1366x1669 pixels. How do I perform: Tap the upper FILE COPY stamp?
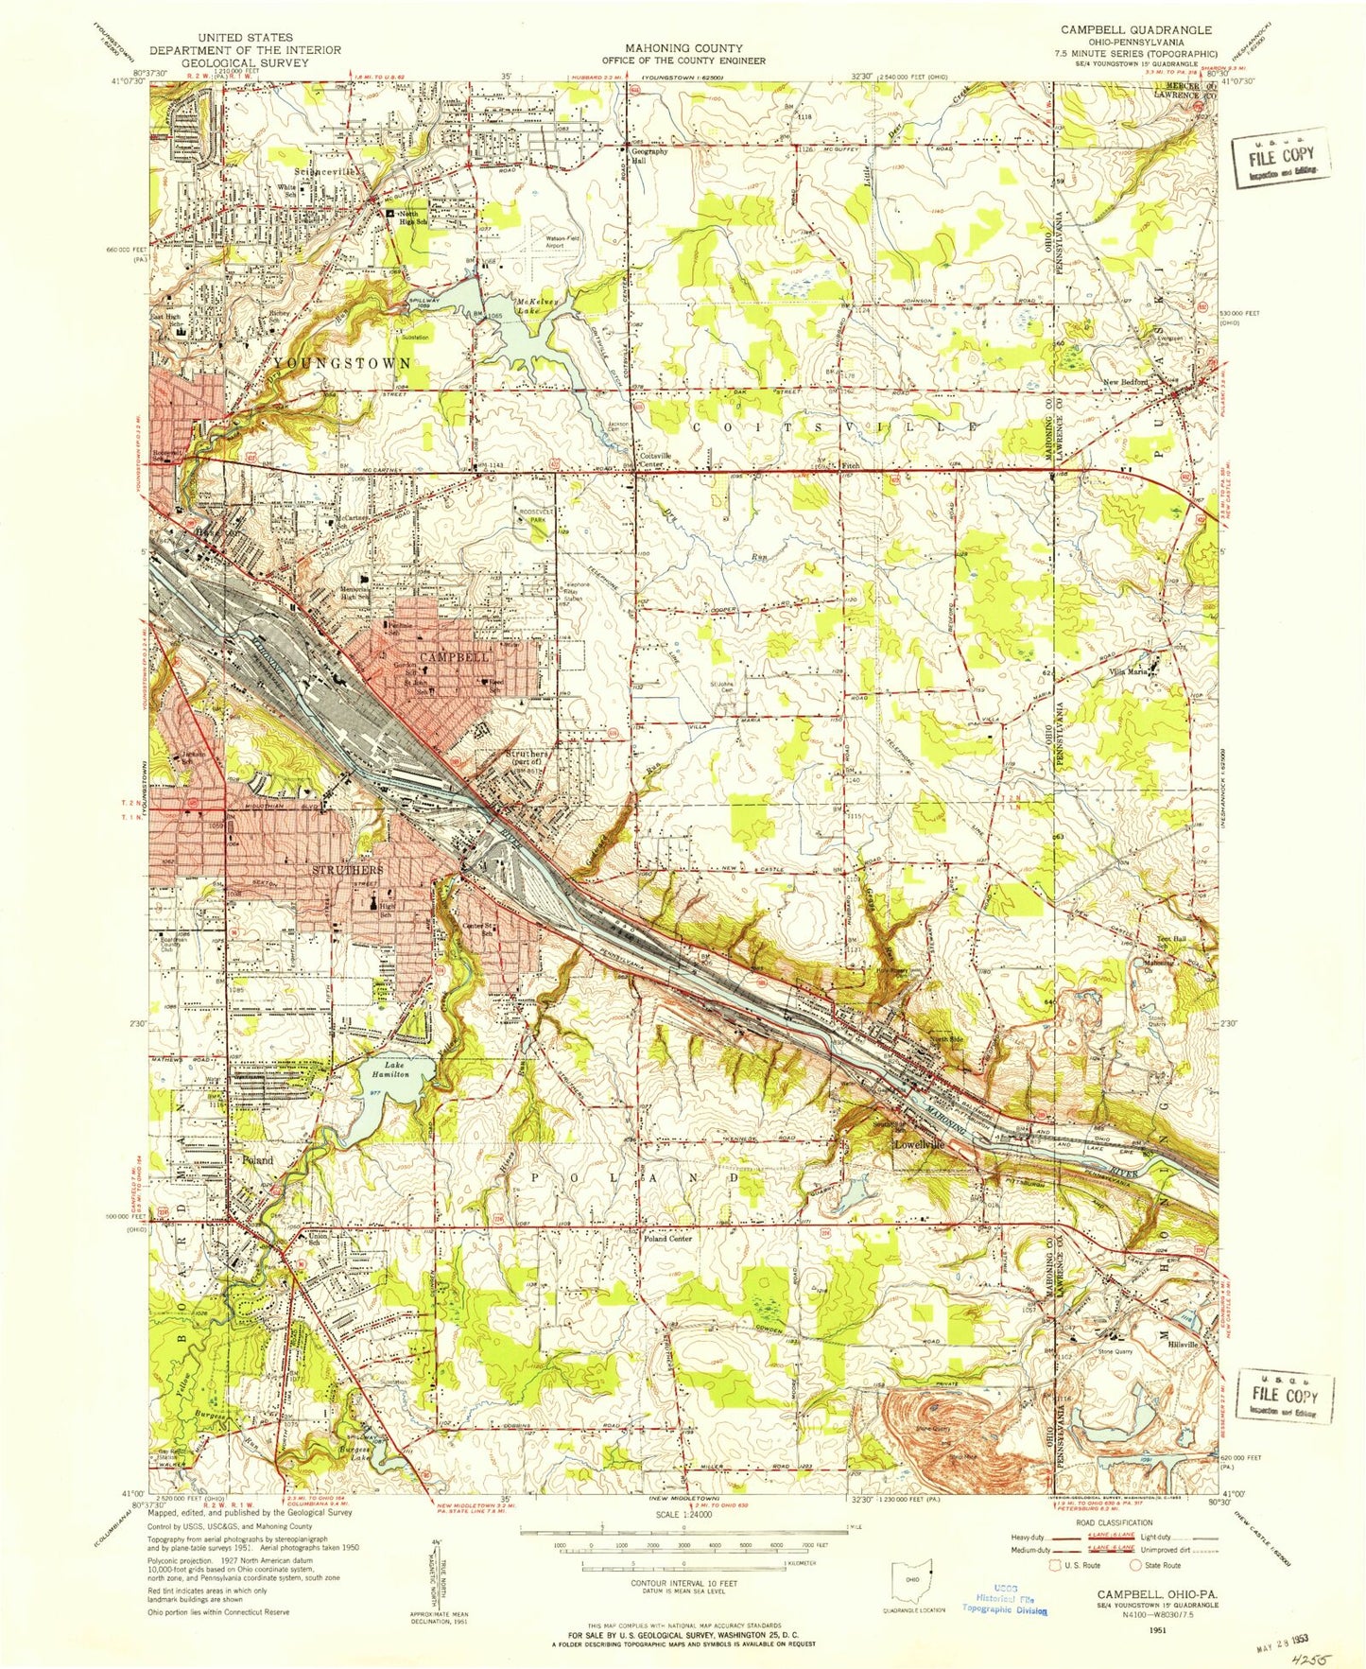(x=1282, y=159)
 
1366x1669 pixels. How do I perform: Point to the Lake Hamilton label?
(x=389, y=1069)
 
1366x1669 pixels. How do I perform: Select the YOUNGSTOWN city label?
(x=342, y=362)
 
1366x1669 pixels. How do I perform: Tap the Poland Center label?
(x=667, y=1238)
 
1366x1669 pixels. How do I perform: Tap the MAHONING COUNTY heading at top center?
(x=682, y=48)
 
